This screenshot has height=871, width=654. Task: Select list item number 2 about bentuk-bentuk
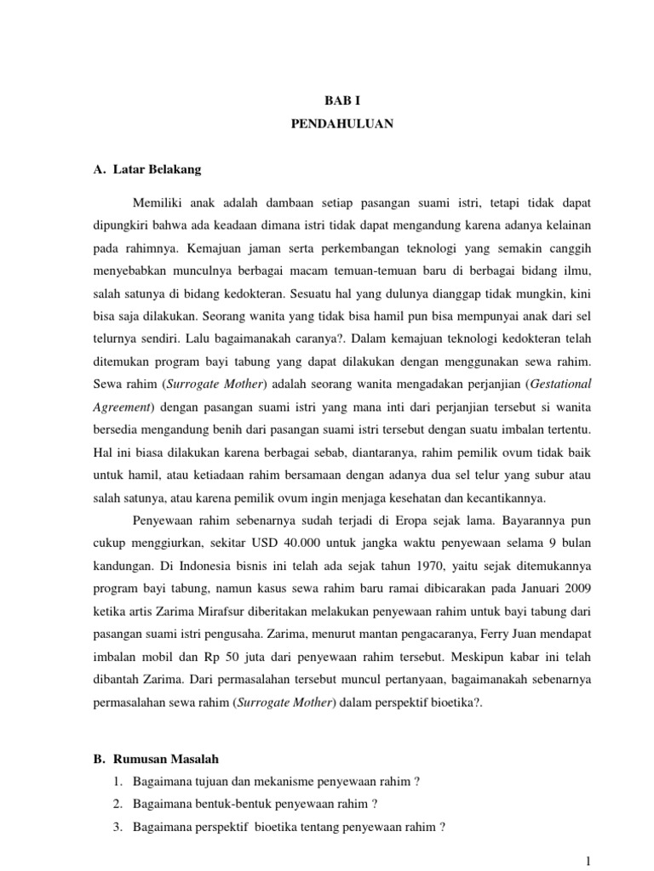click(255, 804)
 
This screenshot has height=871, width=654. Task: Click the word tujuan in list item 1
click(209, 782)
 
